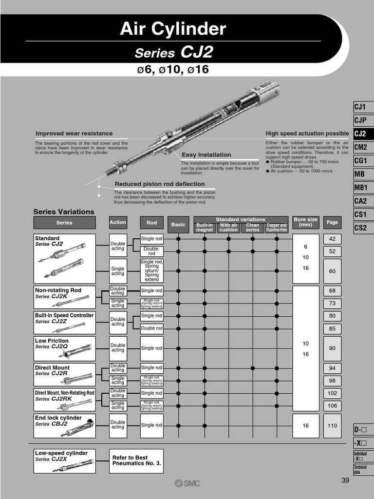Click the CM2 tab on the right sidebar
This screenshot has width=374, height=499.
[361, 147]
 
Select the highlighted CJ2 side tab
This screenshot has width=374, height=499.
[361, 134]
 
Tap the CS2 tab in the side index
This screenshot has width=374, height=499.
[361, 228]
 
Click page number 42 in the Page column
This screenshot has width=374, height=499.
[332, 239]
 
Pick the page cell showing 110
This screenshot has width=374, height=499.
[332, 425]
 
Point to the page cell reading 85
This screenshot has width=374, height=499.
[332, 328]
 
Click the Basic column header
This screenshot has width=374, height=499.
[178, 225]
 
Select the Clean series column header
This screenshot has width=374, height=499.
[252, 228]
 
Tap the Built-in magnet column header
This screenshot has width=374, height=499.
[205, 228]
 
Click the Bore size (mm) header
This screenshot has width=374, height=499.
[305, 222]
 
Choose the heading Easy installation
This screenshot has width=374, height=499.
[206, 155]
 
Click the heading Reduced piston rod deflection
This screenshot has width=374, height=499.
[160, 184]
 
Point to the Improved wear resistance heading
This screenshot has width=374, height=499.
[74, 134]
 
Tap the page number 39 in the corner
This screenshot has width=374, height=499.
[345, 480]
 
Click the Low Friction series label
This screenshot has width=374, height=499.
[52, 341]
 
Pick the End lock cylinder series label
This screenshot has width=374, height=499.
[58, 418]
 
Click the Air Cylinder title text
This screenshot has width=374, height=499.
[173, 30]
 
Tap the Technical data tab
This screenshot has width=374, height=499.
[361, 469]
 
